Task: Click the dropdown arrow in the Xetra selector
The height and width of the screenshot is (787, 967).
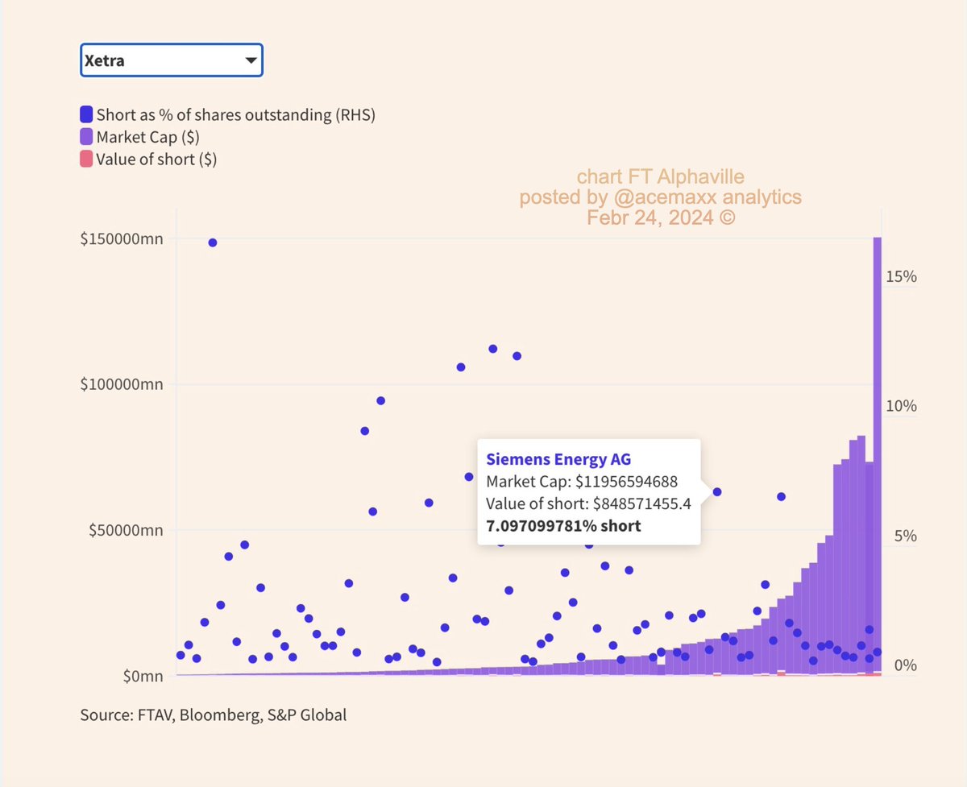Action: click(x=251, y=60)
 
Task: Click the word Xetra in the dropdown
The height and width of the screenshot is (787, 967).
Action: click(x=105, y=60)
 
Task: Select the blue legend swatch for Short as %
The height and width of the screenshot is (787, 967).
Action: click(x=86, y=114)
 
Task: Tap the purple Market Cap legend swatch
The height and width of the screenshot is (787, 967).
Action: click(x=86, y=137)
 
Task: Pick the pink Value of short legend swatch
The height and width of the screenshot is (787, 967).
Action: click(x=86, y=159)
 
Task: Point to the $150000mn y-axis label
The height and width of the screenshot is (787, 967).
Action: click(x=122, y=240)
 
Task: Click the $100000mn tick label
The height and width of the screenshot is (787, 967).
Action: click(x=122, y=385)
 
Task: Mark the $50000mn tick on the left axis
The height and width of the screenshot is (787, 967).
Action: click(x=125, y=531)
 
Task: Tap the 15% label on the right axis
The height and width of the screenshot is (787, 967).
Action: click(x=901, y=276)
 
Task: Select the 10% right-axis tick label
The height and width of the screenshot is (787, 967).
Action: click(x=901, y=406)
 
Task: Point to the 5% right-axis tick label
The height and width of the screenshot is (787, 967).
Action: click(x=906, y=536)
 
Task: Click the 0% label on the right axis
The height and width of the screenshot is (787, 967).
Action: click(x=906, y=666)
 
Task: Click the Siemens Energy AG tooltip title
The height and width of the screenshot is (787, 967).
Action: click(x=558, y=459)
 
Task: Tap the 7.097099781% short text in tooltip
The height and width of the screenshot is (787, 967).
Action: click(x=563, y=526)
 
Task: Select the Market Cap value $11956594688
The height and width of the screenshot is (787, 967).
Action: click(x=625, y=482)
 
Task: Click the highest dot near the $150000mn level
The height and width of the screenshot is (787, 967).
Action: click(x=213, y=242)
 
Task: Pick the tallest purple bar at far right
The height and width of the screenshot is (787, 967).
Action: click(x=877, y=451)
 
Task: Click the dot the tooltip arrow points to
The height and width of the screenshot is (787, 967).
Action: click(x=716, y=491)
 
